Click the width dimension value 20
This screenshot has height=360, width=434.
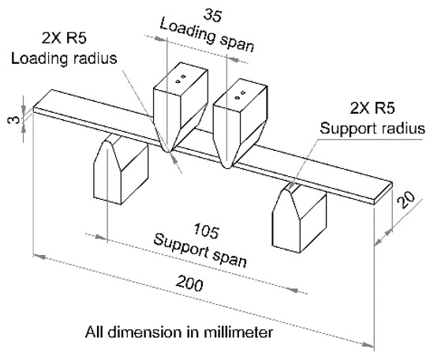406,204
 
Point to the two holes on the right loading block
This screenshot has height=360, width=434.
246,94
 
